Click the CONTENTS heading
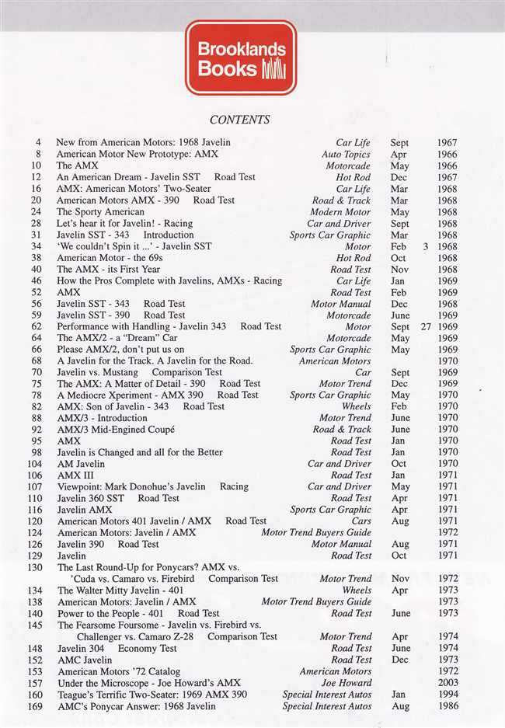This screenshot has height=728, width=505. click(240, 120)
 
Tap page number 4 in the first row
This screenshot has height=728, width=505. click(38, 143)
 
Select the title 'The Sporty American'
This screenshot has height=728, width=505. click(89, 212)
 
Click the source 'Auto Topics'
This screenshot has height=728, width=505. click(347, 155)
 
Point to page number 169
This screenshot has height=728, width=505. click(34, 706)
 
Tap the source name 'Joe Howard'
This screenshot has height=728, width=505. click(347, 683)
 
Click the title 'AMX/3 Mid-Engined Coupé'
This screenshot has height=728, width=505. click(116, 430)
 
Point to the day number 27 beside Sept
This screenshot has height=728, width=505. click(425, 327)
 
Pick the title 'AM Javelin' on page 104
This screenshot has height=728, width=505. click(81, 464)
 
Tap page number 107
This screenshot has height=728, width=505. click(34, 487)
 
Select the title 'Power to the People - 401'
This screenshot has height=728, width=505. click(109, 614)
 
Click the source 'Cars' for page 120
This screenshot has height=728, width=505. click(361, 521)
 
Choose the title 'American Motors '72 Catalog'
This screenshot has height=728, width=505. click(118, 671)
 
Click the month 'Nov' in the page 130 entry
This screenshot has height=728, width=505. click(400, 579)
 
